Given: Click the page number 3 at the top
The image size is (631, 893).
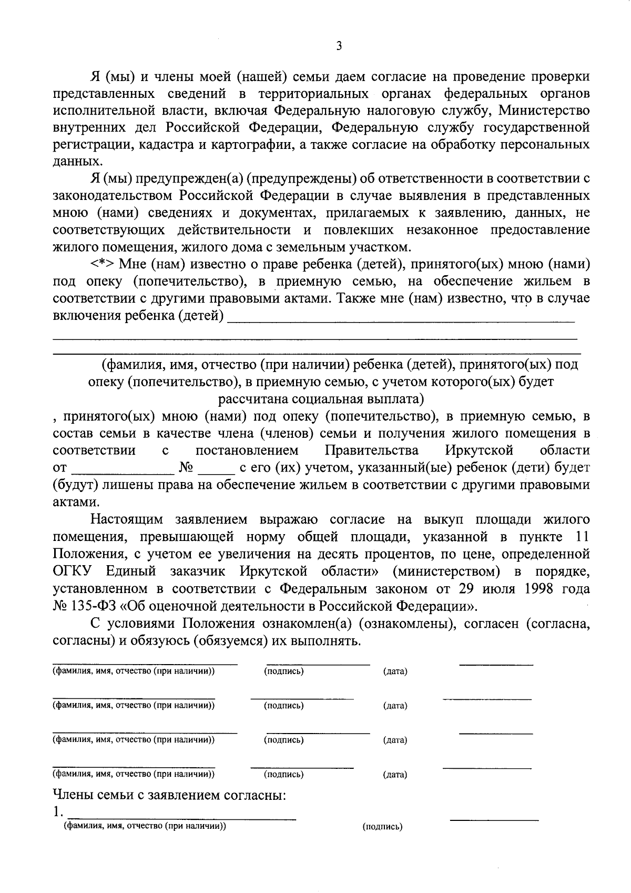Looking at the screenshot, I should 339,47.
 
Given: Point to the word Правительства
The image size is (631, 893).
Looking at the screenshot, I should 372,450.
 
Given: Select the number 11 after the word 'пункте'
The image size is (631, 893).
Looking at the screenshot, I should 579,537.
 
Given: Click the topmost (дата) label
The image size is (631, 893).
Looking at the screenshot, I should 395,671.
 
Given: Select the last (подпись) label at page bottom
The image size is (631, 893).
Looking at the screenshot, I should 382,827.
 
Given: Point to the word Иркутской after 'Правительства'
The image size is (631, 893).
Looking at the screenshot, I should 479,450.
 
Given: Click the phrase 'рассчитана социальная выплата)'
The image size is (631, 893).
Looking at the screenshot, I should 321,398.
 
